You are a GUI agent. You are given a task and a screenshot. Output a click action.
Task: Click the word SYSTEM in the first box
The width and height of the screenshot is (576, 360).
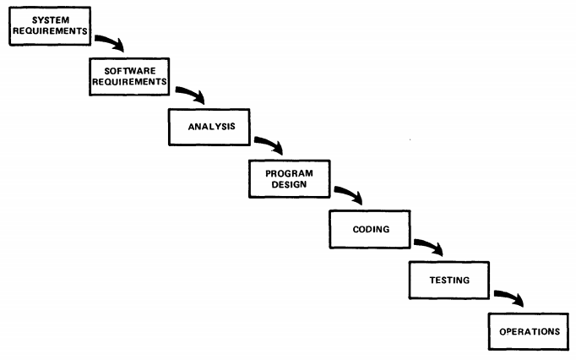point(51,19)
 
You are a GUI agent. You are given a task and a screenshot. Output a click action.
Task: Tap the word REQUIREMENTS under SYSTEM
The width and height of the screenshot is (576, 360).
point(51,31)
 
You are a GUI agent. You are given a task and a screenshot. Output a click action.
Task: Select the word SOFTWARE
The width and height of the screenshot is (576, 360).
point(130,71)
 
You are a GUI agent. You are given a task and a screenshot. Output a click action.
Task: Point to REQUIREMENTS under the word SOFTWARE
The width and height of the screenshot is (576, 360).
point(130,82)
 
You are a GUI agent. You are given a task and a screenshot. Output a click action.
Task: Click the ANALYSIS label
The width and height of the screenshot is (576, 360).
point(212,127)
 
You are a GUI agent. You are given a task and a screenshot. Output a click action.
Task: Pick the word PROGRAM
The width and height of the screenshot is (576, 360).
point(289,173)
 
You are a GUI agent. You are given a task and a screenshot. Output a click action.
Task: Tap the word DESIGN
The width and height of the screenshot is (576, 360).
point(289,184)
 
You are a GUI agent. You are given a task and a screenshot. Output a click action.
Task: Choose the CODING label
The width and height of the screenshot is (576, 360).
point(371,230)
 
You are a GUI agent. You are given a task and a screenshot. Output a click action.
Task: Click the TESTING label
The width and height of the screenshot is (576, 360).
point(449,281)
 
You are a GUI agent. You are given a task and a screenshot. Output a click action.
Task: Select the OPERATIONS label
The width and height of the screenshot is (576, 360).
point(530,331)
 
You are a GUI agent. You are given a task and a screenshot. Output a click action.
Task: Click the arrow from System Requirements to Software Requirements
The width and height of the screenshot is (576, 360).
point(111,41)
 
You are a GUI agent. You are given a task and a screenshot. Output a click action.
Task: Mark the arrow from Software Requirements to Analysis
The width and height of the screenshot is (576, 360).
point(192,92)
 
